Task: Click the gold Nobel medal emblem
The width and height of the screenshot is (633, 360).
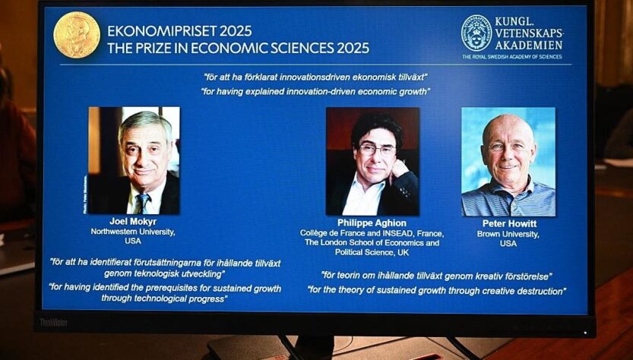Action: pos(77,35)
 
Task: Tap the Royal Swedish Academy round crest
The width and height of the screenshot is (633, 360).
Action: pos(476,33)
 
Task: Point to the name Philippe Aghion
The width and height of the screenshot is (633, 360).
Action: pos(372,223)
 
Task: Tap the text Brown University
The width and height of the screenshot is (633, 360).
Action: pos(508,234)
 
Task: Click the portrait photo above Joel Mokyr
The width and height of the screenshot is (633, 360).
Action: pos(134,160)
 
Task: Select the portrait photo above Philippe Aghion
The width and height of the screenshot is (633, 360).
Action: pos(372,161)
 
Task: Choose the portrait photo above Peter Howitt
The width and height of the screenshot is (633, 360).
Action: pos(508,162)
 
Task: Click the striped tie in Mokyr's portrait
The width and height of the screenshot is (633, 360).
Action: pos(142,203)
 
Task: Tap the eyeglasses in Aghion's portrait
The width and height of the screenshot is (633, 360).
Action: pos(377,150)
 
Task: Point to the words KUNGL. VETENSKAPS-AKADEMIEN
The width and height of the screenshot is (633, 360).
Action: pos(528,33)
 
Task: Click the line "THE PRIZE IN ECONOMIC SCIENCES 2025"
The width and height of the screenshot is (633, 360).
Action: pos(238,49)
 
